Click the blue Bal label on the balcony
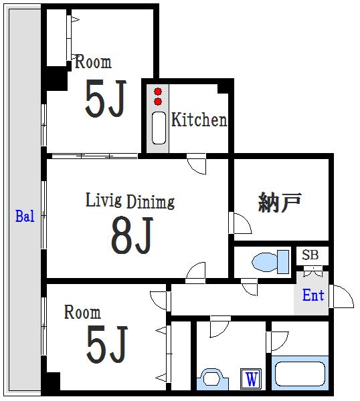pyautogui.click(x=25, y=216)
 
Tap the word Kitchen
pyautogui.click(x=199, y=120)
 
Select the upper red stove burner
pyautogui.click(x=158, y=92)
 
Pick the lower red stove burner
pyautogui.click(x=158, y=102)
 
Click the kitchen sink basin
pyautogui.click(x=159, y=128)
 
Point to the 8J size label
pyautogui.click(x=132, y=235)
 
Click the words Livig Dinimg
pyautogui.click(x=130, y=201)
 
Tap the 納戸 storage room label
pyautogui.click(x=279, y=202)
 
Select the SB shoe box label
pyautogui.click(x=310, y=255)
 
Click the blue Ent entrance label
pyautogui.click(x=313, y=295)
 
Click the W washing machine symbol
pyautogui.click(x=251, y=379)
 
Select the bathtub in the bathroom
pyautogui.click(x=300, y=374)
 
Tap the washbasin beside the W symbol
pyautogui.click(x=212, y=379)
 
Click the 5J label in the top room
pyautogui.click(x=106, y=98)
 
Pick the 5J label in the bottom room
pyautogui.click(x=107, y=344)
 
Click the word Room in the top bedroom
pyautogui.click(x=93, y=61)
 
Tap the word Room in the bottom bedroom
pyautogui.click(x=82, y=312)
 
